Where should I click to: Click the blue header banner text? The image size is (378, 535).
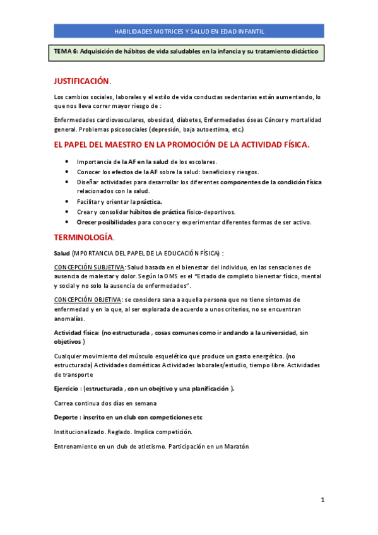coord(189,31)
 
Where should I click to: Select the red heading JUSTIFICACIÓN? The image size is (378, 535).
coord(81,81)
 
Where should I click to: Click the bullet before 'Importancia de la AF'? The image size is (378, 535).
coord(68,162)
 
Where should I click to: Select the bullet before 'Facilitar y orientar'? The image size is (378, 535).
coord(68,202)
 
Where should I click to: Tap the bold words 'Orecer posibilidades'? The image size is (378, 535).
coord(106,222)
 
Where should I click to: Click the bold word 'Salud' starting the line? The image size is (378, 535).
coord(62,252)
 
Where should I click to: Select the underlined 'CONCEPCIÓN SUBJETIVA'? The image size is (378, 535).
coord(89,267)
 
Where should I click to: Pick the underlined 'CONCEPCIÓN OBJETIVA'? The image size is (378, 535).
coord(88,299)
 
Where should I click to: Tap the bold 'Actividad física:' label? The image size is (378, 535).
coord(76,332)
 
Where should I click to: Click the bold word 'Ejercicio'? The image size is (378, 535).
coord(68,389)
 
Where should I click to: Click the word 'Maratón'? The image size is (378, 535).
coord(235,447)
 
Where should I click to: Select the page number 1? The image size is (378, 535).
coord(322,500)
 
